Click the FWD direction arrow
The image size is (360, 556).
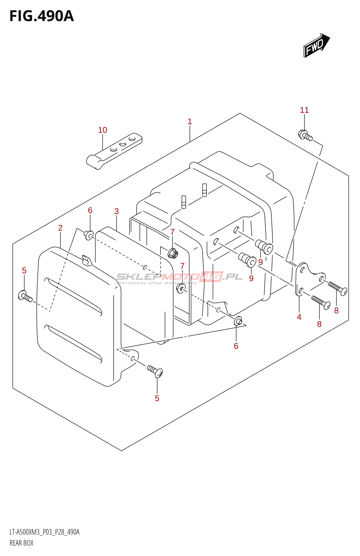316,45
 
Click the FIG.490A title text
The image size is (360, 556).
42,16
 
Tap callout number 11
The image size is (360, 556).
304,110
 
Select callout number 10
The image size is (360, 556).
103,130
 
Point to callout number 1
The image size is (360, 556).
190,122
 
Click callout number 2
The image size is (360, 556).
60,228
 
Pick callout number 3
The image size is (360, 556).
117,211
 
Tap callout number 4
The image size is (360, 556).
299,317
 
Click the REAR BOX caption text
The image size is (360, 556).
22,543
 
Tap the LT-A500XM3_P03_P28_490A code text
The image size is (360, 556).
44,532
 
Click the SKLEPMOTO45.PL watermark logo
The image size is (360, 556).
179,277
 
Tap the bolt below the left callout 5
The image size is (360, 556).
25,296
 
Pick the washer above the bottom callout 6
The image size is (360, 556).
238,321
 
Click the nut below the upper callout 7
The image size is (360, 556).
173,254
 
